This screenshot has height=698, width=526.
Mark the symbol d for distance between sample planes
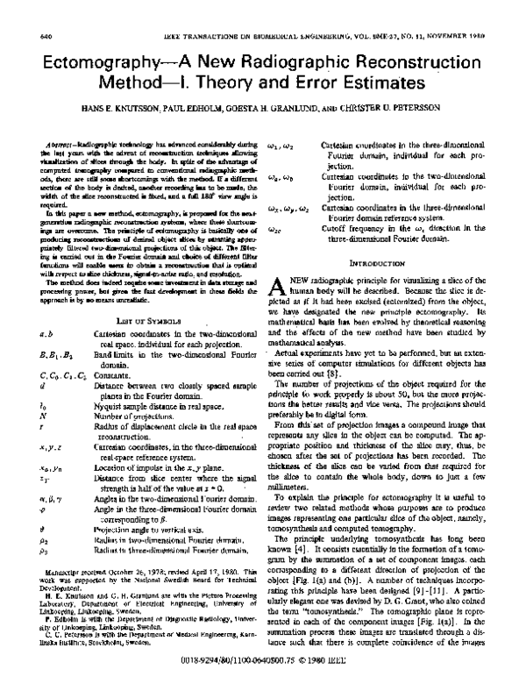coord(41,367)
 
